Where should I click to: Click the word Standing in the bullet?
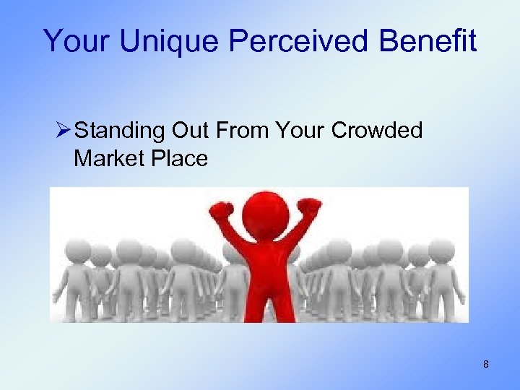click(119, 131)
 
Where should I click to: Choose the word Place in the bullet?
click(180, 158)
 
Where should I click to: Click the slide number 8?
click(486, 365)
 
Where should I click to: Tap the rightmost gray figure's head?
click(441, 250)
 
